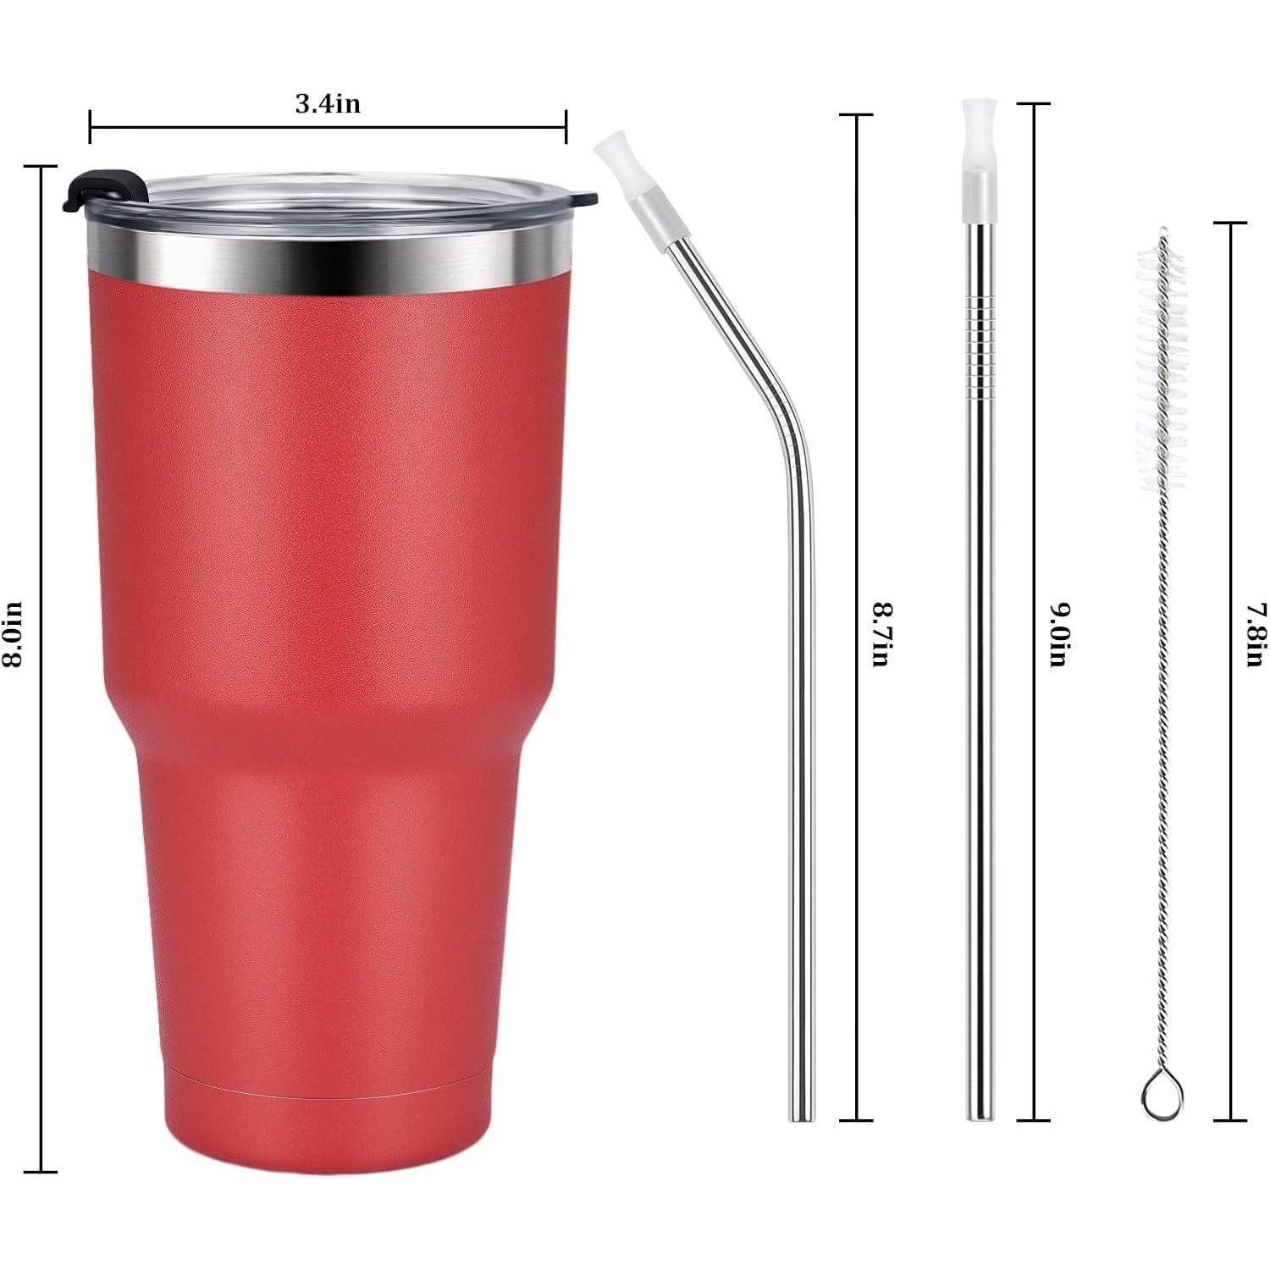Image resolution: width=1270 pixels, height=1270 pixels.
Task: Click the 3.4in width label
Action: (x=328, y=103)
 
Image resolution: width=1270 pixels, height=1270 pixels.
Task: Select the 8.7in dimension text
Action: (x=880, y=634)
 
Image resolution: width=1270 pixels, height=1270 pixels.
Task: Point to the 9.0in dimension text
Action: (x=1057, y=634)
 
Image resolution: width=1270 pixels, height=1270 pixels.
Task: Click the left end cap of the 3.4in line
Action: (x=90, y=127)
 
